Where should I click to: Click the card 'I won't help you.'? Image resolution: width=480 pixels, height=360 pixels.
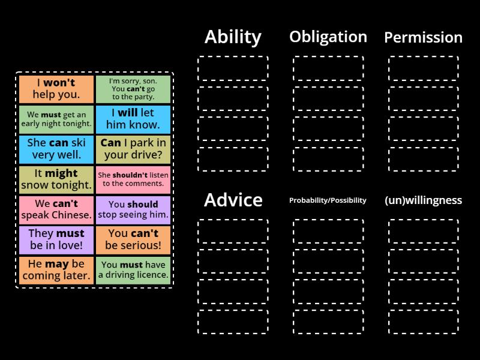click(x=56, y=89)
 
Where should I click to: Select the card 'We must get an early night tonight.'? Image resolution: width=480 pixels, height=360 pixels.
click(x=56, y=119)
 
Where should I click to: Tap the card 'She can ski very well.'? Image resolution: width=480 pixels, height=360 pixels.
click(x=56, y=149)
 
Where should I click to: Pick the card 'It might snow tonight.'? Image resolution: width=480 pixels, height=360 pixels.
click(x=56, y=179)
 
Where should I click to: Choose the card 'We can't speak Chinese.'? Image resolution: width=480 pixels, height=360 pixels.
click(x=56, y=209)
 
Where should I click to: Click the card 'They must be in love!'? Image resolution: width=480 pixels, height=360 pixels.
click(x=56, y=239)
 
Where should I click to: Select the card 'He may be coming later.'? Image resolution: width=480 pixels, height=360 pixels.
click(x=56, y=269)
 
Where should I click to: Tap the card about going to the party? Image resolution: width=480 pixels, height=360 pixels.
click(x=133, y=89)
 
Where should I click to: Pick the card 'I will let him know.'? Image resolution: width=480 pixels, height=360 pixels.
click(x=133, y=119)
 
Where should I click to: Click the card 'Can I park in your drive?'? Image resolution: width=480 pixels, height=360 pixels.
click(x=133, y=149)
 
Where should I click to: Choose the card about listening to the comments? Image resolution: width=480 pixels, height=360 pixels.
click(x=133, y=179)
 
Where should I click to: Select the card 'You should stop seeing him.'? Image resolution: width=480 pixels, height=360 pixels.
click(x=133, y=209)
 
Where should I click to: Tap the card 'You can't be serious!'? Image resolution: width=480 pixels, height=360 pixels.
click(x=133, y=239)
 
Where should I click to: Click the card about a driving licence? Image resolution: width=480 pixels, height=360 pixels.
click(x=133, y=269)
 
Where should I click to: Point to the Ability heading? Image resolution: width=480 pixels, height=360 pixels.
click(x=233, y=37)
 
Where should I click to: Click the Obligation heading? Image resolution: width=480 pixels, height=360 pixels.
click(x=328, y=37)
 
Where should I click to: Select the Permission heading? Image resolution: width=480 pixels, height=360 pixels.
click(x=423, y=37)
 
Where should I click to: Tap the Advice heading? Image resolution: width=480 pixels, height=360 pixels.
click(x=233, y=200)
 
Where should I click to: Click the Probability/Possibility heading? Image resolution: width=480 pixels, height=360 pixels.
click(x=328, y=200)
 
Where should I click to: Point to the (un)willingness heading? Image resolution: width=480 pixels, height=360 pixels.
click(x=423, y=200)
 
